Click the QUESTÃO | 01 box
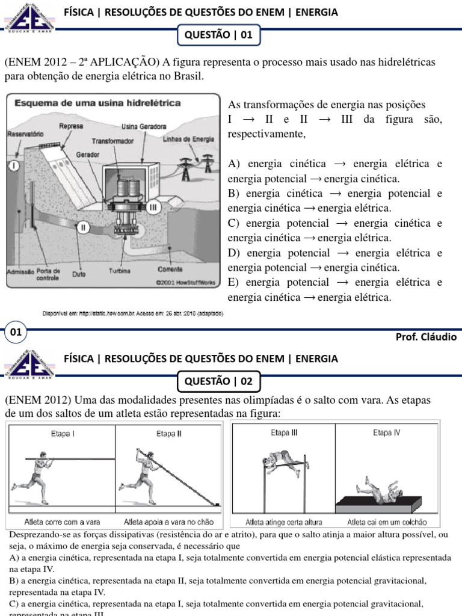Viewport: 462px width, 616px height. [219, 35]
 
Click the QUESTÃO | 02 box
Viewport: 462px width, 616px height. [219, 381]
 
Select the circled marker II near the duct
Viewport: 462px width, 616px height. [84, 227]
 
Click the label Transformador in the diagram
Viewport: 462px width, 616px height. [113, 140]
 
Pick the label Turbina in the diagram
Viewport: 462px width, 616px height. [119, 271]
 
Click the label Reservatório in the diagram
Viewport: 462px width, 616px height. [23, 135]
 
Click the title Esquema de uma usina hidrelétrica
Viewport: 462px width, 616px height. [97, 103]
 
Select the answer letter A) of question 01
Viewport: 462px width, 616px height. [235, 164]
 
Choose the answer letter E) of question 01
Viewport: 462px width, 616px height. [235, 283]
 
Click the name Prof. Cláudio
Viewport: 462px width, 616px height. [426, 337]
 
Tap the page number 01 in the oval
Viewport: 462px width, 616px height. [16, 332]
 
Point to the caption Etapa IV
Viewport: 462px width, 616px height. [386, 433]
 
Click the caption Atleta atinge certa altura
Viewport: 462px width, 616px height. [284, 522]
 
